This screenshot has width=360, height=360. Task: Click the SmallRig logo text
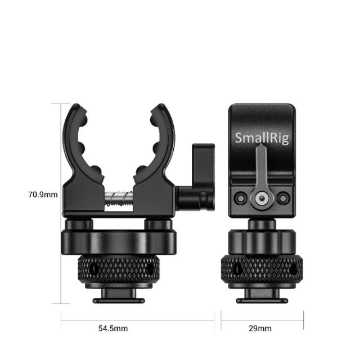[x=262, y=138]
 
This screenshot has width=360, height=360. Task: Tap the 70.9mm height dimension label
[x=43, y=195]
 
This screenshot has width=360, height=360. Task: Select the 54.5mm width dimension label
[x=114, y=328]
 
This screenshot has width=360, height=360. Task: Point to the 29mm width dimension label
[x=262, y=328]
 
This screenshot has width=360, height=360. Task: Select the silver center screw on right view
[x=262, y=198]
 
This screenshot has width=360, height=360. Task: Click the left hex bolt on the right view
[x=241, y=198]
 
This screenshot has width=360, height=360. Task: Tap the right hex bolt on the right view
[x=283, y=198]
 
